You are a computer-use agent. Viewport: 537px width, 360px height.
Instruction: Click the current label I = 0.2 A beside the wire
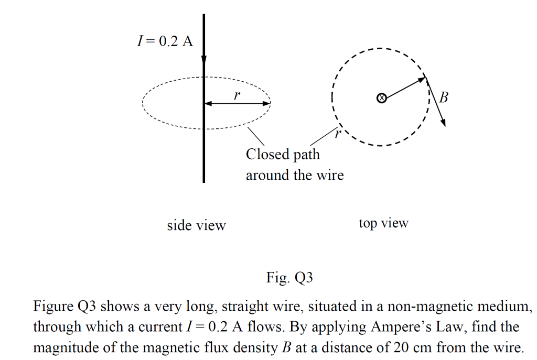point(164,41)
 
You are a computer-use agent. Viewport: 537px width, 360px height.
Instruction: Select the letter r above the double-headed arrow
point(237,95)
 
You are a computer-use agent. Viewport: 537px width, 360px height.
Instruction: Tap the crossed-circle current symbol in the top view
point(382,97)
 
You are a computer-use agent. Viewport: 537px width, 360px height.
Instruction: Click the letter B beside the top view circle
point(444,97)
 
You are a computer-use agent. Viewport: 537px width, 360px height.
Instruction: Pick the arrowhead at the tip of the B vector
point(444,122)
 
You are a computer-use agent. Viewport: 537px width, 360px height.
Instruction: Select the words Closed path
point(282,155)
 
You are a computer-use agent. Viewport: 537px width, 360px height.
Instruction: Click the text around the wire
point(295,175)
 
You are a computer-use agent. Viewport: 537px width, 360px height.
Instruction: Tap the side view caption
point(196,226)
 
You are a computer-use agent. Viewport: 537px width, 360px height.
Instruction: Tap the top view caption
point(383,223)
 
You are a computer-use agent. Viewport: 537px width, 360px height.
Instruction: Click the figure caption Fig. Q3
point(289,278)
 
